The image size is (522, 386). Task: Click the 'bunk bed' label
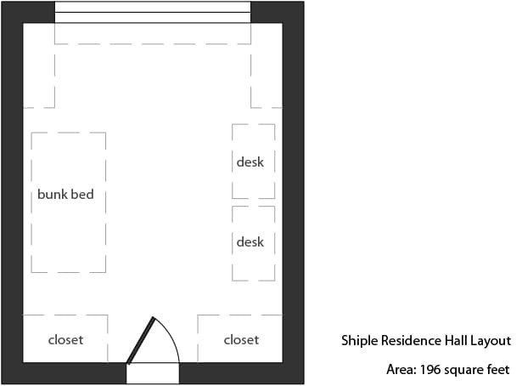(x=65, y=195)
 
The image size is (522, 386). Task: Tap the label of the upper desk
(x=250, y=162)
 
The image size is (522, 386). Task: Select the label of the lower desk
(x=250, y=241)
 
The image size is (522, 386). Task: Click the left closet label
(x=65, y=340)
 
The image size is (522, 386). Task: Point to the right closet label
(x=241, y=340)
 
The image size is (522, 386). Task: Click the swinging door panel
(x=141, y=340)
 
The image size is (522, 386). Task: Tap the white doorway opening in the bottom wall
(x=153, y=373)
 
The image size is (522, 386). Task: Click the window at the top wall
(x=153, y=13)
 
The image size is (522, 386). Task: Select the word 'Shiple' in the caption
(x=360, y=341)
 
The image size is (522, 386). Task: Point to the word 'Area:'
(x=401, y=370)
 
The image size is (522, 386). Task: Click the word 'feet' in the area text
(x=498, y=370)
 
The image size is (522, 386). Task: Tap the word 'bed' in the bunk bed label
(x=84, y=195)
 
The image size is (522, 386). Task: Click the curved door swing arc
(x=171, y=336)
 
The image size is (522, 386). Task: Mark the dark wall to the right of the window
(x=277, y=13)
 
